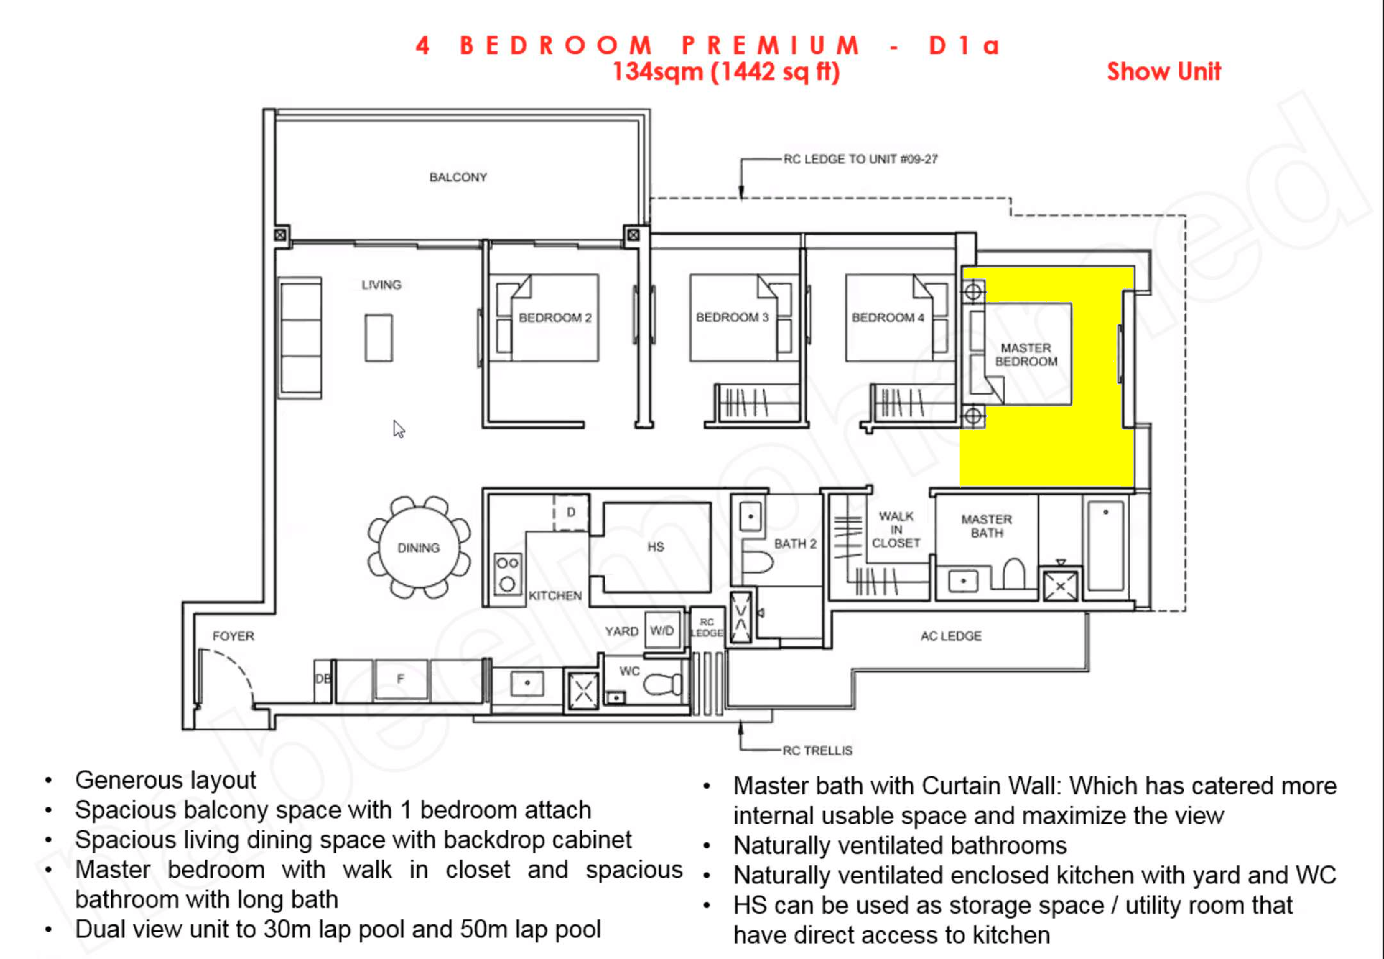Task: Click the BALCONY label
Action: [458, 177]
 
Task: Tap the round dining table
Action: [419, 547]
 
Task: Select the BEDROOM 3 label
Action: [732, 317]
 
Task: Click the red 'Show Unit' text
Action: [1163, 72]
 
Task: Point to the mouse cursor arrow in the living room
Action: [398, 429]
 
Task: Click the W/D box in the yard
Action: [662, 630]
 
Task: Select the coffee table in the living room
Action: [378, 338]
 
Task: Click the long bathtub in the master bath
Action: [1106, 545]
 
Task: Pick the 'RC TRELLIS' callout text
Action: [817, 750]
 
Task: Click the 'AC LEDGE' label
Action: [951, 636]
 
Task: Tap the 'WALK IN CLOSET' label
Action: [895, 529]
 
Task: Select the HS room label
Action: [656, 547]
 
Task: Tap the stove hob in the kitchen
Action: [507, 573]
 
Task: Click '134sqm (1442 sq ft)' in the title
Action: [726, 72]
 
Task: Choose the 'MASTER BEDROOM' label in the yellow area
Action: [1026, 354]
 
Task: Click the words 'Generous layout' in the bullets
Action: [165, 780]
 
